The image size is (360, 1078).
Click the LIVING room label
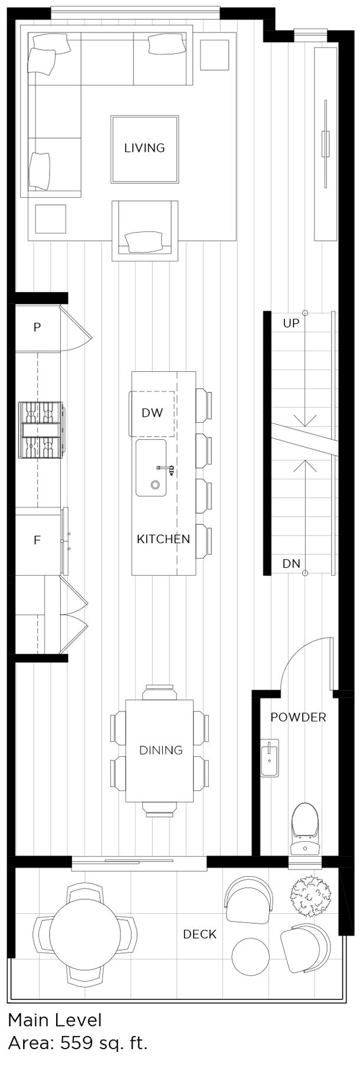(144, 148)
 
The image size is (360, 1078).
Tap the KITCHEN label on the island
(163, 539)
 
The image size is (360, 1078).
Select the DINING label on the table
(161, 750)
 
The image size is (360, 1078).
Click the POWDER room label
(298, 717)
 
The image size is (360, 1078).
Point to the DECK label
(199, 934)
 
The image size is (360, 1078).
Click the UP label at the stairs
(291, 324)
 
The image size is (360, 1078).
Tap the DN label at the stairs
(291, 564)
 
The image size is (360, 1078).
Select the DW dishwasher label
(152, 413)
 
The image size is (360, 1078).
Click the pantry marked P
(37, 327)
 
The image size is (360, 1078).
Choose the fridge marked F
(37, 540)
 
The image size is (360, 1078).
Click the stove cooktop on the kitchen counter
(41, 430)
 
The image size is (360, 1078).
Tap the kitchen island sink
(151, 468)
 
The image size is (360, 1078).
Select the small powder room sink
(269, 759)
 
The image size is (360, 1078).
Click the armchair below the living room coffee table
(145, 231)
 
